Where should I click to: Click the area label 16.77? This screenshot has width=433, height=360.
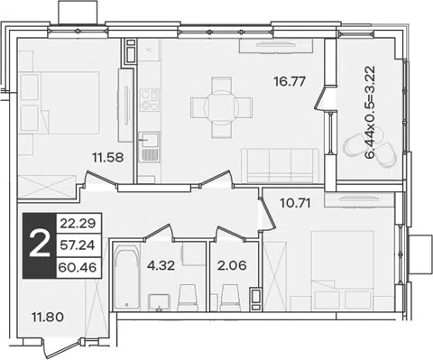tap(290, 81)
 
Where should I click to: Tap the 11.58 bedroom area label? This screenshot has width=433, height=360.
tap(108, 157)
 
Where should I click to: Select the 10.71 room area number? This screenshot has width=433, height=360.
tap(295, 203)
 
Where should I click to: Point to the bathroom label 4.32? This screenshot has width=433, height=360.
tap(161, 265)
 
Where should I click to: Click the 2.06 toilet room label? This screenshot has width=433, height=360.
tap(232, 265)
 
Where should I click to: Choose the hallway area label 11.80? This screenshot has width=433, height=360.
tap(48, 317)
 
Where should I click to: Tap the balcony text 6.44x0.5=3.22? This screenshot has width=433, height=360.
tap(371, 112)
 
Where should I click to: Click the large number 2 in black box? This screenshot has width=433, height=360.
tap(40, 245)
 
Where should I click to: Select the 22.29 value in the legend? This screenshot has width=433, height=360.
tap(78, 224)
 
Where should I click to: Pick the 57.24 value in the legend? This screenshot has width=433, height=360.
tap(78, 245)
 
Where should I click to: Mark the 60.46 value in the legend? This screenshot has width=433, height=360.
tap(78, 267)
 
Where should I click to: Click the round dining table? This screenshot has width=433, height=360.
tap(222, 107)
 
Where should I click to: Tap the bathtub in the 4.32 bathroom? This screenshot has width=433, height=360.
tap(126, 278)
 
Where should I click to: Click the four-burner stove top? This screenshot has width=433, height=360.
tap(150, 100)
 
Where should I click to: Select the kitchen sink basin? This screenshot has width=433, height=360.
tap(149, 141)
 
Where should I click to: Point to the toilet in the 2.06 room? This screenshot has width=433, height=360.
tap(230, 298)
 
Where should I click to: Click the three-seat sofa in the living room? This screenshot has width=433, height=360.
tap(280, 166)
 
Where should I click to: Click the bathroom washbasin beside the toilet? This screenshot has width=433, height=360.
tap(159, 302)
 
